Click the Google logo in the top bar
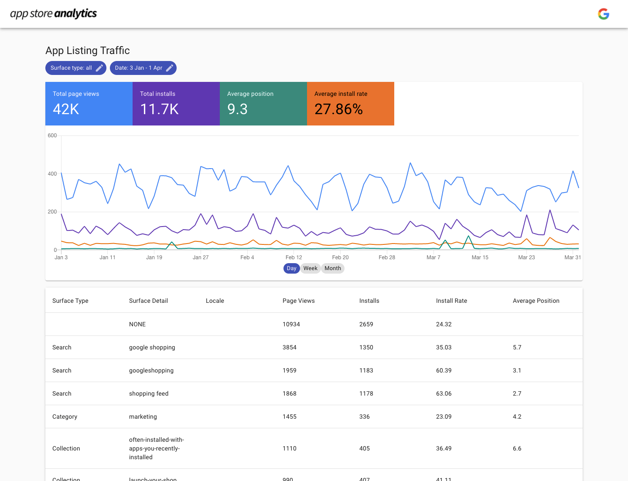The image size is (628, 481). (x=604, y=14)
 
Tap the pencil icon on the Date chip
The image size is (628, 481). (x=170, y=68)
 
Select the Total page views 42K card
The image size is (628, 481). (x=89, y=104)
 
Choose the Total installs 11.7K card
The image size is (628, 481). (x=176, y=104)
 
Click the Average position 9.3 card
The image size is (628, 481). (x=263, y=104)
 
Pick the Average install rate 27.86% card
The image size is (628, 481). (x=351, y=104)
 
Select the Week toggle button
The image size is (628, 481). (x=310, y=268)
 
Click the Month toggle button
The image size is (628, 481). (x=333, y=268)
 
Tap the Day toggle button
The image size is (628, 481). (x=291, y=268)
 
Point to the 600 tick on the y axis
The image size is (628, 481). (x=52, y=135)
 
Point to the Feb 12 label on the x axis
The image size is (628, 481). (x=294, y=257)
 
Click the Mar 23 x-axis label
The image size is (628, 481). (x=526, y=257)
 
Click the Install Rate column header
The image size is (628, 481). (x=451, y=301)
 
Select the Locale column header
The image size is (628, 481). (x=215, y=301)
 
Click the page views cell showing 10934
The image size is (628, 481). (x=291, y=324)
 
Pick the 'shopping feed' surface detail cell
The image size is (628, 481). (x=149, y=393)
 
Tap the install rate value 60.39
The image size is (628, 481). (x=444, y=370)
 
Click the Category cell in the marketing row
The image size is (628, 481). (x=65, y=417)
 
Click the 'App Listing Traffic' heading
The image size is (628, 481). (x=88, y=51)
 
